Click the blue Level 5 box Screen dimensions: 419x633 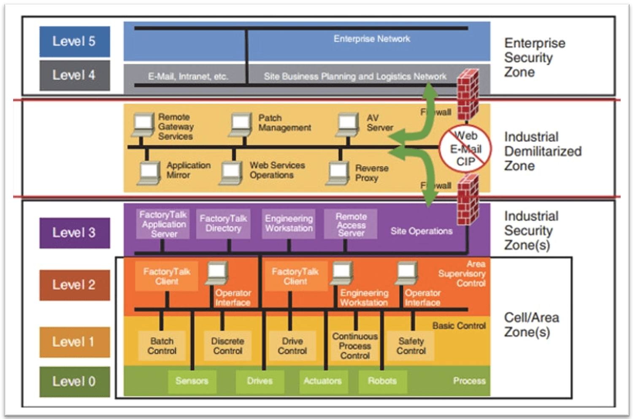point(75,41)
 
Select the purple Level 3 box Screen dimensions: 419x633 point(75,232)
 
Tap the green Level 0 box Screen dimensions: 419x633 point(75,381)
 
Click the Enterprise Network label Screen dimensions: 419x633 point(371,39)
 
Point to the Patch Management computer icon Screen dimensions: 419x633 point(241,124)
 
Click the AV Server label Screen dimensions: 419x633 point(379,123)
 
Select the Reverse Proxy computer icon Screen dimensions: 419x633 point(338,173)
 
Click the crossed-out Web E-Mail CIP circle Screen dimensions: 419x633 point(465,149)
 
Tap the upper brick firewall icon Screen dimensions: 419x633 point(468,95)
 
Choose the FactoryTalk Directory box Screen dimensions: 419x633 point(223,224)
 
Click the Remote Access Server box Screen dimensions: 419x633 point(351,224)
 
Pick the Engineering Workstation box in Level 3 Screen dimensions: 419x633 point(289,224)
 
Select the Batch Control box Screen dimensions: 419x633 point(162,346)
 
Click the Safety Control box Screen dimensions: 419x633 point(411,346)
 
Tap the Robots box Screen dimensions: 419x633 point(382,381)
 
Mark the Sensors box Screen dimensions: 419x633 point(192,381)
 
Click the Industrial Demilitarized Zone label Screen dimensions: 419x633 point(542,151)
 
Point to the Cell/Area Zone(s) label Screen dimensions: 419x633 point(531,325)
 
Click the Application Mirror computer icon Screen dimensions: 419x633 point(149,173)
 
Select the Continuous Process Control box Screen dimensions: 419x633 point(355,346)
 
